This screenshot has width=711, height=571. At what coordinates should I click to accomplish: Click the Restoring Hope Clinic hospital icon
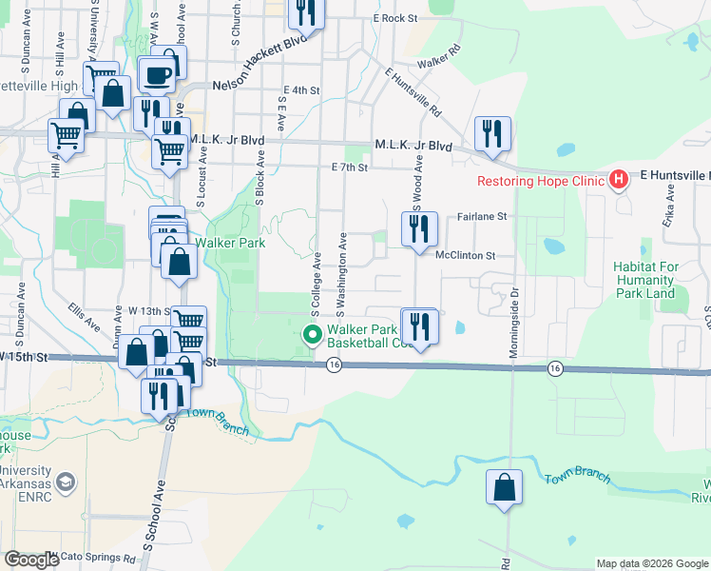click(619, 179)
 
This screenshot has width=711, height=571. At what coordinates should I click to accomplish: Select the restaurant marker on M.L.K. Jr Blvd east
click(492, 134)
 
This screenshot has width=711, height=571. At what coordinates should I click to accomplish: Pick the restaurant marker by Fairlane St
click(419, 229)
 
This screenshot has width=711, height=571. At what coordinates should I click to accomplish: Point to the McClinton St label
click(466, 256)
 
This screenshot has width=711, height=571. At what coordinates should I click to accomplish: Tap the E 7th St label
click(349, 167)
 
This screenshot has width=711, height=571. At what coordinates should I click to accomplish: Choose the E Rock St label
click(395, 18)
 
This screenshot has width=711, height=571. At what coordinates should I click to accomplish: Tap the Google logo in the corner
click(30, 560)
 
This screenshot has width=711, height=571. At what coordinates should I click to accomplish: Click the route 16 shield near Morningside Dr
click(554, 367)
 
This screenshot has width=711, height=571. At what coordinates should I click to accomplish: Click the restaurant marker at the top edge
click(306, 10)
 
